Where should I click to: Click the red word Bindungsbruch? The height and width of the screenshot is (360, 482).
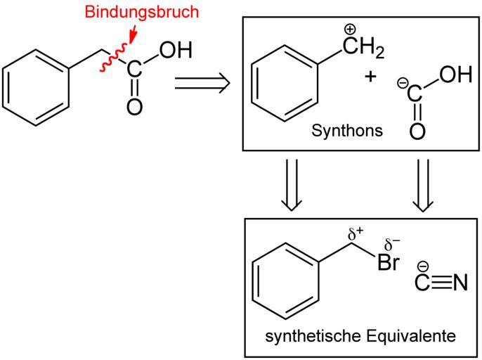(142, 12)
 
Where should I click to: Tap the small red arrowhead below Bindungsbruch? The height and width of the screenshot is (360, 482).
(133, 39)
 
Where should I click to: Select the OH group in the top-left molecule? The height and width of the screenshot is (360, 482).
(176, 50)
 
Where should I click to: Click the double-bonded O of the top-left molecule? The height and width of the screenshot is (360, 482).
(135, 107)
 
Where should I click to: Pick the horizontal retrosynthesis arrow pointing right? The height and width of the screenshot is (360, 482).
(202, 83)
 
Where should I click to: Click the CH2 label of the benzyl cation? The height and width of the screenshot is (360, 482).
(363, 48)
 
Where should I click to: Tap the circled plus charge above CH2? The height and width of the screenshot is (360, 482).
(350, 30)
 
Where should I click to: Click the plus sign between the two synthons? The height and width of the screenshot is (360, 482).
(370, 76)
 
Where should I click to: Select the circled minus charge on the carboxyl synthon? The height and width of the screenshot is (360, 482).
(403, 83)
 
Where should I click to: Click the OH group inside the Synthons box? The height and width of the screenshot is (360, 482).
(455, 75)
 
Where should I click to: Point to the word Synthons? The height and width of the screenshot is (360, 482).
(347, 130)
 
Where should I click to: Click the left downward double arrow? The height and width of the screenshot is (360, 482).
(292, 185)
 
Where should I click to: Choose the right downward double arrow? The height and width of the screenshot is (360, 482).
(423, 185)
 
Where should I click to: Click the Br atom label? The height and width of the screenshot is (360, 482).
(389, 262)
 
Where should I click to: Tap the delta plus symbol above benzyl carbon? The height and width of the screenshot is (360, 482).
(356, 234)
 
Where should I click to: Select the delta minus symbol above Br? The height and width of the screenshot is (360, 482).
(392, 244)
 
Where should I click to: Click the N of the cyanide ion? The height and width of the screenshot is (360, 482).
(460, 282)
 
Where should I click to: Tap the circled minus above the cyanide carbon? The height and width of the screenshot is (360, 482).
(423, 266)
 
